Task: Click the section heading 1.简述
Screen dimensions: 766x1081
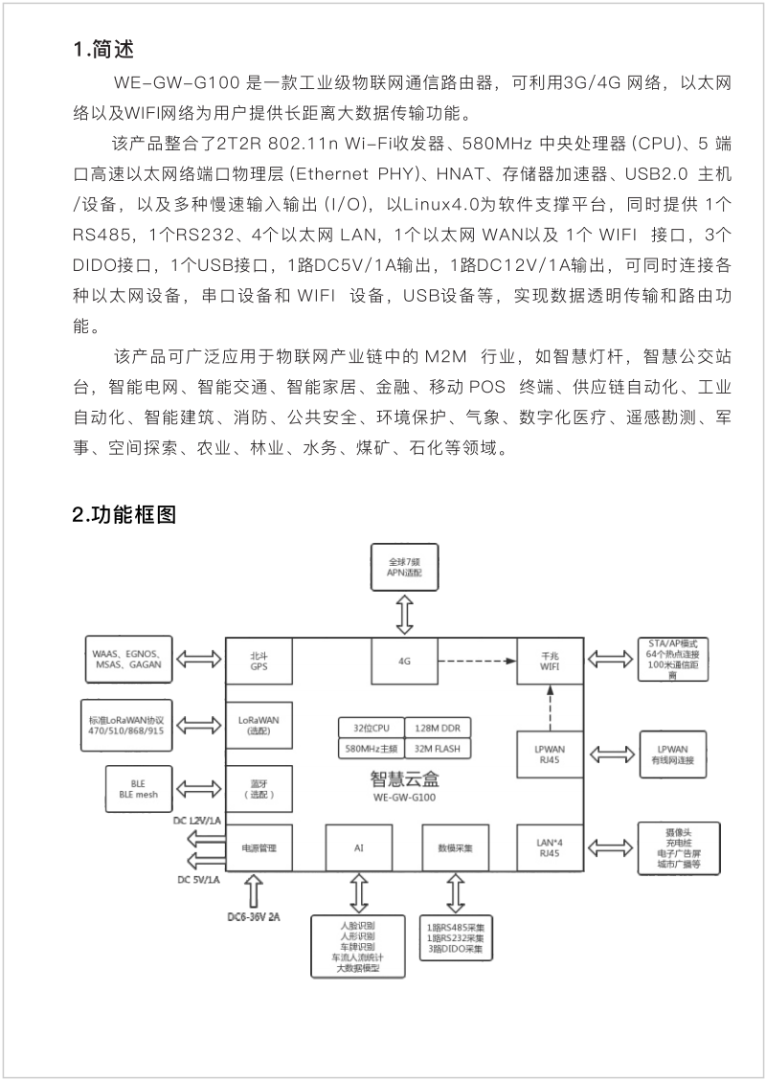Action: coord(103,49)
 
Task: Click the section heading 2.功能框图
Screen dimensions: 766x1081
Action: coord(124,514)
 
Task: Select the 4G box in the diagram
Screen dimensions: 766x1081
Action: coord(405,661)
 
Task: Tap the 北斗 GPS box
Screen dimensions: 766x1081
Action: coord(259,662)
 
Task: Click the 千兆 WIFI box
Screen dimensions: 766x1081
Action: coord(551,662)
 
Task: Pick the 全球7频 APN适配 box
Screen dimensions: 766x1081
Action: coord(405,568)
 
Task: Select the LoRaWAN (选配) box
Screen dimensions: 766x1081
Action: coord(259,725)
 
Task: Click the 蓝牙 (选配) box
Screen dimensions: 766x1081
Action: coord(259,789)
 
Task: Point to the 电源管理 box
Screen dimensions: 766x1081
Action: coord(259,848)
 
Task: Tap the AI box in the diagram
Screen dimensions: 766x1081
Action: coord(358,848)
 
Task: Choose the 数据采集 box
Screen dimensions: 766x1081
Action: coord(455,848)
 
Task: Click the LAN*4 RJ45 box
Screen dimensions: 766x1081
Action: coord(551,848)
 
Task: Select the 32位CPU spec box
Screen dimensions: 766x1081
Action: coord(371,728)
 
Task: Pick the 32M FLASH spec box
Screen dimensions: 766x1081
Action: coord(438,749)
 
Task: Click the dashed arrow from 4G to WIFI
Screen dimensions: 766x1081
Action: coord(477,661)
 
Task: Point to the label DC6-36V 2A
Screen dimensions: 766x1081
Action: coord(254,917)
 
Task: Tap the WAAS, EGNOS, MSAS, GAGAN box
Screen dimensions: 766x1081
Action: coord(128,660)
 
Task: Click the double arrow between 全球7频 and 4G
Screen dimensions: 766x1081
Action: coord(405,615)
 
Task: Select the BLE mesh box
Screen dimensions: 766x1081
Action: coord(138,789)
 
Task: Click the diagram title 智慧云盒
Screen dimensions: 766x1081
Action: coord(405,779)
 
